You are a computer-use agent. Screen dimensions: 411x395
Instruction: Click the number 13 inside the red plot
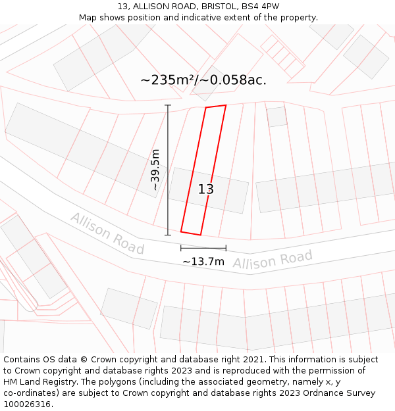click(x=206, y=189)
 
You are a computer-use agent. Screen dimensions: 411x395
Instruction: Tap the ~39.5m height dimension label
click(x=155, y=170)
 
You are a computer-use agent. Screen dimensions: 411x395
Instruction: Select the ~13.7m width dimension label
click(x=203, y=262)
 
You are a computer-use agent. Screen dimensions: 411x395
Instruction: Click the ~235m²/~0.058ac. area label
click(x=203, y=80)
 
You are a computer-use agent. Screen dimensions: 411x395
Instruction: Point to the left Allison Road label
click(x=107, y=233)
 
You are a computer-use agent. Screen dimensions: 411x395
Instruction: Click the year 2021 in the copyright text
click(x=253, y=360)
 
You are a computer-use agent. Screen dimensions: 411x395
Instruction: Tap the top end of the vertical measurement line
click(x=168, y=105)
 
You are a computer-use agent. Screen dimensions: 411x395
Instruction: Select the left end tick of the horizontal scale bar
click(x=181, y=248)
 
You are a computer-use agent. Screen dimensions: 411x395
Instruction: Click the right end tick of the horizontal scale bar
click(x=226, y=248)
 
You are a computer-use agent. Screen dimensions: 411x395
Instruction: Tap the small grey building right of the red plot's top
click(x=277, y=116)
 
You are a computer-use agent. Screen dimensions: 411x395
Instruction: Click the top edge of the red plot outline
click(x=216, y=106)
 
